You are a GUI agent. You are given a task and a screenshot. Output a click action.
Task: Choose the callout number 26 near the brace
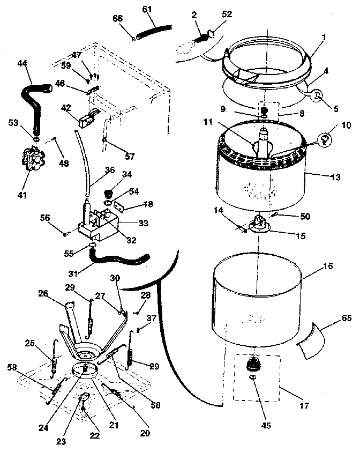[x=43, y=293]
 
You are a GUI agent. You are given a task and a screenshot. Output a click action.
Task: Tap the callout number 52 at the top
[x=227, y=14]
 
